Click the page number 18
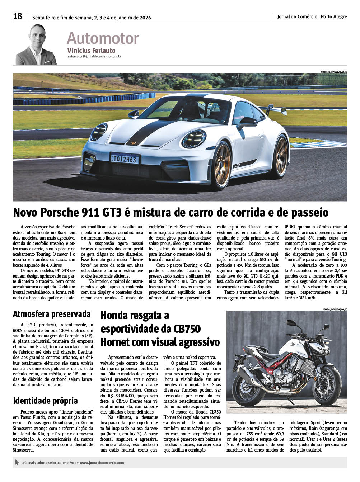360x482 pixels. click(x=18, y=16)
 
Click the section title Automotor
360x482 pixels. click(x=103, y=38)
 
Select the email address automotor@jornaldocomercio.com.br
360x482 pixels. click(x=94, y=56)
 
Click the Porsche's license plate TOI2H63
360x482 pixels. click(x=125, y=159)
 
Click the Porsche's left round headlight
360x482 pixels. click(x=194, y=139)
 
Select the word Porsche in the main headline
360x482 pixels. click(x=68, y=212)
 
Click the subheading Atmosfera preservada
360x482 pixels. click(x=52, y=314)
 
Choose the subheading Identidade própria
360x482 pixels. click(x=45, y=401)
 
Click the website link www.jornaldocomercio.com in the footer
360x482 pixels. click(x=102, y=463)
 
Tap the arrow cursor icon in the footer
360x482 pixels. click(x=17, y=463)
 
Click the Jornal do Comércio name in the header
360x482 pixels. click(x=297, y=16)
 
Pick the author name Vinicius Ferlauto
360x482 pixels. click(x=91, y=51)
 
